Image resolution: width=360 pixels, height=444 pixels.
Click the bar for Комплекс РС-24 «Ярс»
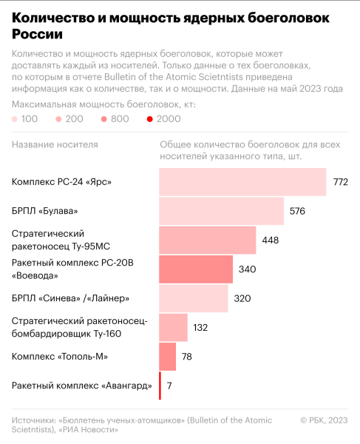[242, 182]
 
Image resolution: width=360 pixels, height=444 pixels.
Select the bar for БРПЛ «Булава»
[222, 211]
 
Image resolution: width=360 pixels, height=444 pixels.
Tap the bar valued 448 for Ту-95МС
[208, 240]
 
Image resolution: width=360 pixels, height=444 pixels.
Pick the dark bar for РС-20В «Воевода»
[196, 269]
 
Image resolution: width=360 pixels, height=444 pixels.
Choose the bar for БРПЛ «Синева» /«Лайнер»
[194, 298]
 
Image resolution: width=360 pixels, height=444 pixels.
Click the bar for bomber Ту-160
[174, 327]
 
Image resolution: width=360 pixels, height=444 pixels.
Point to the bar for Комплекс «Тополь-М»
[168, 357]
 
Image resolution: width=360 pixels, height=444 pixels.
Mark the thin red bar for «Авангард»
[160, 386]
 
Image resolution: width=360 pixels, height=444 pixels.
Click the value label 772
[340, 182]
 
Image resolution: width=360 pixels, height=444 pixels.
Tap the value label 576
[297, 211]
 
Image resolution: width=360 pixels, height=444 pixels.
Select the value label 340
[247, 269]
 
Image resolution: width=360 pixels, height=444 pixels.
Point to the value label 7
[169, 386]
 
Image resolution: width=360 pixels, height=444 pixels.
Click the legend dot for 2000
[150, 118]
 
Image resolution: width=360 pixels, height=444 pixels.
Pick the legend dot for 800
[105, 118]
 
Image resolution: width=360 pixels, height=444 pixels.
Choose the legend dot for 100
[16, 118]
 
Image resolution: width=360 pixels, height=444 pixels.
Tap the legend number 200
[74, 118]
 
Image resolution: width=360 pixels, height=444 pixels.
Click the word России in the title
[37, 34]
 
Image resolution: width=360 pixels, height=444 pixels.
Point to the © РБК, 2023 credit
[323, 420]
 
